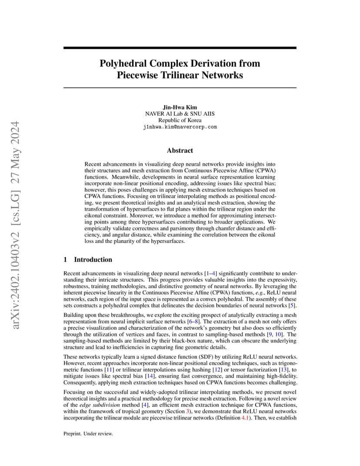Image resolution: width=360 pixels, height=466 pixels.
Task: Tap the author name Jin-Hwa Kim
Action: (180, 107)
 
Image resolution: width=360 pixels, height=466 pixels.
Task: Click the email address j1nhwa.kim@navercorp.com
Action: (180, 127)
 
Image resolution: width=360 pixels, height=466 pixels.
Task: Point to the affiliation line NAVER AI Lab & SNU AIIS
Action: (180, 113)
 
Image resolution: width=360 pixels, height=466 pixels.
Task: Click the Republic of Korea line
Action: (180, 120)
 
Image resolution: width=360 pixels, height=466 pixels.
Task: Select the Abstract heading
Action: (180, 150)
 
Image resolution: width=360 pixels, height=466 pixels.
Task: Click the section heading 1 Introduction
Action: (88, 260)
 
